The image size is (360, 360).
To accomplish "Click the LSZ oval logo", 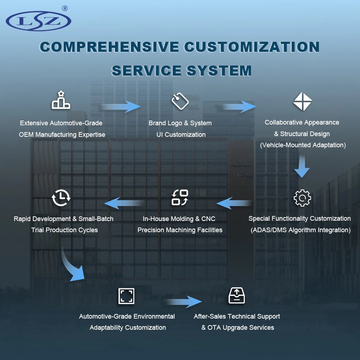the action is (39, 21).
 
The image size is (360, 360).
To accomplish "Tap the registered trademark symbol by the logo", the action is (65, 9).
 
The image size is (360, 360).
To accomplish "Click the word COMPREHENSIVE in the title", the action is (109, 47).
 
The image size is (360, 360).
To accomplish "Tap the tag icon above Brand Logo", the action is (180, 101).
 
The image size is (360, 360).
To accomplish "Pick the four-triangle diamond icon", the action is (302, 102).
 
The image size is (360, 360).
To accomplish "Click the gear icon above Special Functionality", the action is (302, 198).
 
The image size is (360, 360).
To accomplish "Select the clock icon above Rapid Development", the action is (61, 197).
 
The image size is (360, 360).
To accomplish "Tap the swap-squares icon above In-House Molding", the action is (180, 197).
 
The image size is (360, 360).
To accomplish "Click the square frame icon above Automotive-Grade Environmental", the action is (126, 296).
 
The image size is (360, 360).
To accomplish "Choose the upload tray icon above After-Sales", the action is (237, 296).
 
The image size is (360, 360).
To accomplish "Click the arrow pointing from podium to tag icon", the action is (120, 107).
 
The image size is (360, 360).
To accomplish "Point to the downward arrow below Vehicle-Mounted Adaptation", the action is (302, 166).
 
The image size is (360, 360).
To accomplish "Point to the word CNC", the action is (208, 219).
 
